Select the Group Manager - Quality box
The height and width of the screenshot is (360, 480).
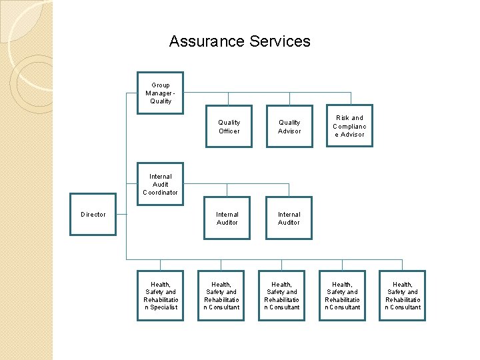tap(160, 93)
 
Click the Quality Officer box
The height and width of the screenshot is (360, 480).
tap(229, 127)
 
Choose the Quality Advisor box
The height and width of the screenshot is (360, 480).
tap(289, 127)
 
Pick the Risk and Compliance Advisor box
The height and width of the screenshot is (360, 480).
tap(349, 126)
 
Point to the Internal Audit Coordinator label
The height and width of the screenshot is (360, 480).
tap(160, 185)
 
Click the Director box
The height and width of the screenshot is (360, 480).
tap(93, 215)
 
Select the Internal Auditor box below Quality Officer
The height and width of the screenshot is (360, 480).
tap(227, 218)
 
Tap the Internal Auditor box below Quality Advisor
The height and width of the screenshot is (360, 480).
tap(289, 218)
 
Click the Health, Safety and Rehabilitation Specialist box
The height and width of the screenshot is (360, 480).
tap(160, 296)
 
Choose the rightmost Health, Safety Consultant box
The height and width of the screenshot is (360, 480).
tap(403, 296)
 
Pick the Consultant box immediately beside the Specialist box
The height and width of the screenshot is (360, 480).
tap(221, 296)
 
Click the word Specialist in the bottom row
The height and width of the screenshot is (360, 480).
tap(163, 307)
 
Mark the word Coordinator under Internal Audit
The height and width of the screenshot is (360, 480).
tap(160, 193)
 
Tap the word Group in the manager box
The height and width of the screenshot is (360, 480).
tap(161, 85)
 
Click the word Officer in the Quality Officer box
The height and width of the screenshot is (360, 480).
tap(229, 131)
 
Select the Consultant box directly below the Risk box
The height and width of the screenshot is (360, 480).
tap(342, 296)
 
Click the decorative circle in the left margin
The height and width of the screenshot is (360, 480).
tap(30, 83)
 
